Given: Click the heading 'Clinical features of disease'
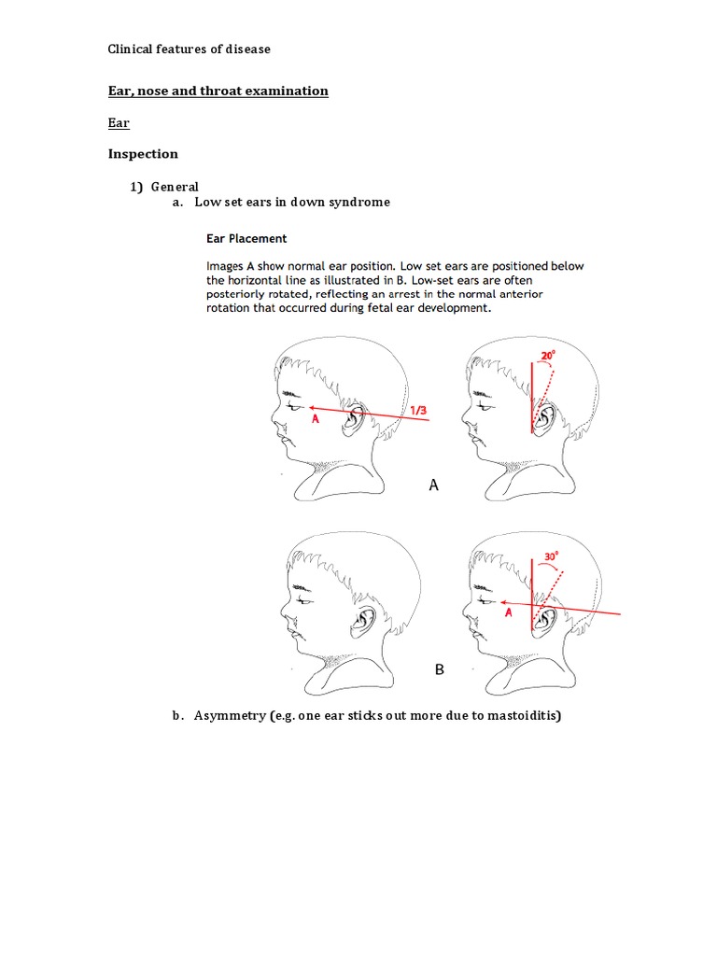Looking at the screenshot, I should (x=189, y=49).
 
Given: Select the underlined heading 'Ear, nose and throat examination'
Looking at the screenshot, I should (x=218, y=91).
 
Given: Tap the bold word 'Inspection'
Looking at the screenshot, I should (x=143, y=154).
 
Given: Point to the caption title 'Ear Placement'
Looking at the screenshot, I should (x=246, y=238).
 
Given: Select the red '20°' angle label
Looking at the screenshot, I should (x=549, y=356).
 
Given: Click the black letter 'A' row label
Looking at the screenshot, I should (x=433, y=485).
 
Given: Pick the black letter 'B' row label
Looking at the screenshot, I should (x=440, y=670).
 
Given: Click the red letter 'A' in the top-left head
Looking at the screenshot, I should (x=316, y=420).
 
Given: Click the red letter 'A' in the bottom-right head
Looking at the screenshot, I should (x=508, y=613).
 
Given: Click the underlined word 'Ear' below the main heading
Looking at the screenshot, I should (x=119, y=122).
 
